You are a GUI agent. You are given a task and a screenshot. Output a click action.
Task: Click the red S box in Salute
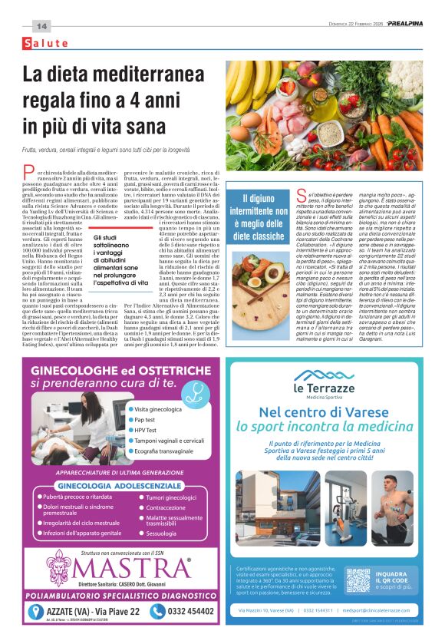tap(29, 43)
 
